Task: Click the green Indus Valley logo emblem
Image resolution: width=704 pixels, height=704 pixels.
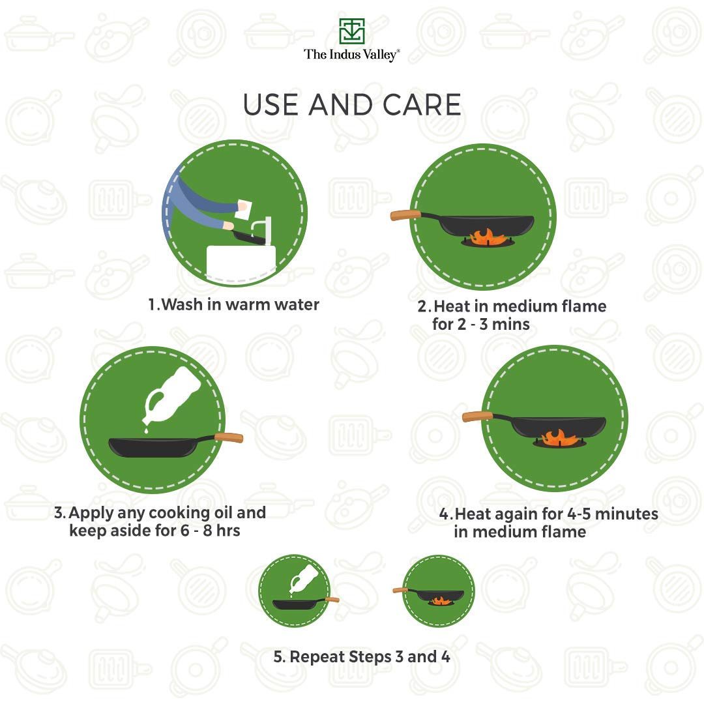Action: coord(351,31)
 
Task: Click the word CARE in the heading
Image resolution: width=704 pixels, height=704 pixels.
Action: coord(422,104)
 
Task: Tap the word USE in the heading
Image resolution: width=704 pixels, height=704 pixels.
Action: coord(271,104)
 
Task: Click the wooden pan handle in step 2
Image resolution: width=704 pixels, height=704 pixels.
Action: coord(405,215)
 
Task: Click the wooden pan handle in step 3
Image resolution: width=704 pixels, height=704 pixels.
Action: coord(229,438)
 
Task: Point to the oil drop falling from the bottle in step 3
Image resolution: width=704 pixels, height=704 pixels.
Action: coord(146,430)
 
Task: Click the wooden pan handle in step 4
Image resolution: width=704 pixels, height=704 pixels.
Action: coord(477,417)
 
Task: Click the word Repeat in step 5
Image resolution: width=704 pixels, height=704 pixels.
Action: coord(317,657)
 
